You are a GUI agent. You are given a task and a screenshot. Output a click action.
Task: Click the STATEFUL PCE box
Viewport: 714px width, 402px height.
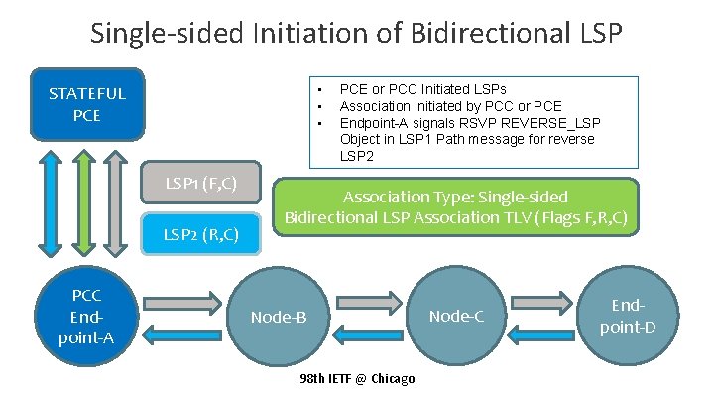(88, 103)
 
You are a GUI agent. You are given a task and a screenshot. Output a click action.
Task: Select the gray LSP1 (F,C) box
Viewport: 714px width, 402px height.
(202, 183)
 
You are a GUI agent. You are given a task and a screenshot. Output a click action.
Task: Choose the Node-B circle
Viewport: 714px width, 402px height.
(279, 317)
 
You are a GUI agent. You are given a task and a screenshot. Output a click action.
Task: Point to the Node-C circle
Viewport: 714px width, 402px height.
(457, 317)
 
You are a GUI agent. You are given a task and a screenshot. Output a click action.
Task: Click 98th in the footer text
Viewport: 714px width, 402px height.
(311, 380)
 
